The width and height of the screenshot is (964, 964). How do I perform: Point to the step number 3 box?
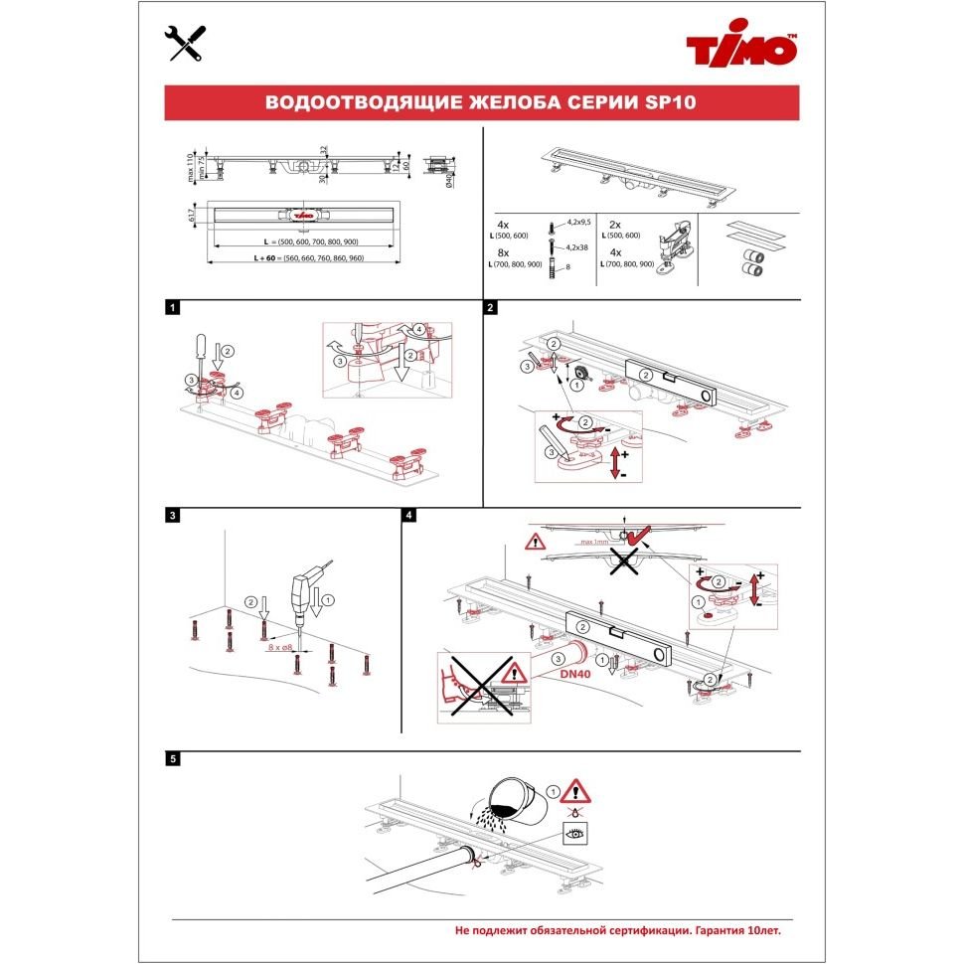174,516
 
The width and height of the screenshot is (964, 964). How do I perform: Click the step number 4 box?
409,516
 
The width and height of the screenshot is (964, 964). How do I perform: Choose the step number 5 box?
174,759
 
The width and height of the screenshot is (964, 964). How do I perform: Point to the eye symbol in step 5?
575,834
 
